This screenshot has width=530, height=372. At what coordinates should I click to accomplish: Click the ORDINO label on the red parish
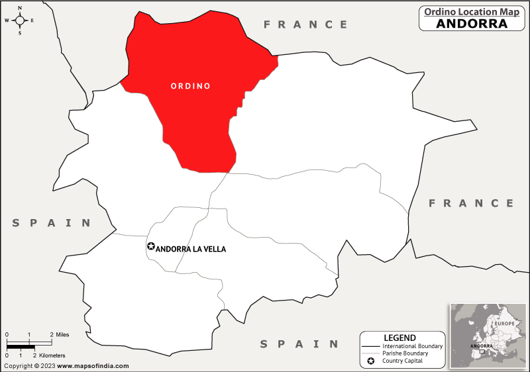(190, 86)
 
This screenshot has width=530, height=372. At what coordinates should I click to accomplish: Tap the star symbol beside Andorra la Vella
(150, 247)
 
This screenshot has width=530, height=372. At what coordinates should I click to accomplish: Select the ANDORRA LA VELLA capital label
(191, 250)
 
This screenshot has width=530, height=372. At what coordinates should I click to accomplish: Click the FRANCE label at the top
(305, 24)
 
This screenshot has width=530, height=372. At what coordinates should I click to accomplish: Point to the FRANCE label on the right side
(470, 203)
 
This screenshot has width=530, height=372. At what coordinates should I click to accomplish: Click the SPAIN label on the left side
(52, 223)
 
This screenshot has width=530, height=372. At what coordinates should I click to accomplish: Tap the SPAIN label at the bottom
(299, 344)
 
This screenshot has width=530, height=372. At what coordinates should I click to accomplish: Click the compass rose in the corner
(19, 21)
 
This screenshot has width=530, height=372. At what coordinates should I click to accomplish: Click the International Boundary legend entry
(412, 346)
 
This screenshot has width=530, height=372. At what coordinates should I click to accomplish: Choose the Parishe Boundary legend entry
(405, 353)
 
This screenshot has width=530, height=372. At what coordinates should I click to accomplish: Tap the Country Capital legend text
(402, 361)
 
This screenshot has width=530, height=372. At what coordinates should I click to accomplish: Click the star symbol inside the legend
(371, 361)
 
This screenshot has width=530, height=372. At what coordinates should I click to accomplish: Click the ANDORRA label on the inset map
(481, 346)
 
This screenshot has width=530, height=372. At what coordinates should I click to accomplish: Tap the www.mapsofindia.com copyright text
(93, 366)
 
